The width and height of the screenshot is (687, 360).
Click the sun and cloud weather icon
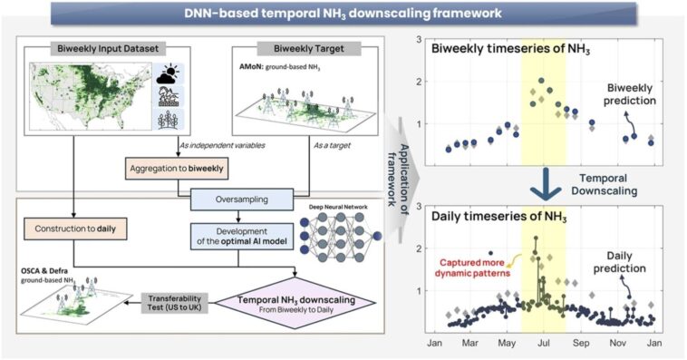171,75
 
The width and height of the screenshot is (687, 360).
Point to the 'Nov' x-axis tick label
618,344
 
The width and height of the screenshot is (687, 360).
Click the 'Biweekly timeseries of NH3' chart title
510,47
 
